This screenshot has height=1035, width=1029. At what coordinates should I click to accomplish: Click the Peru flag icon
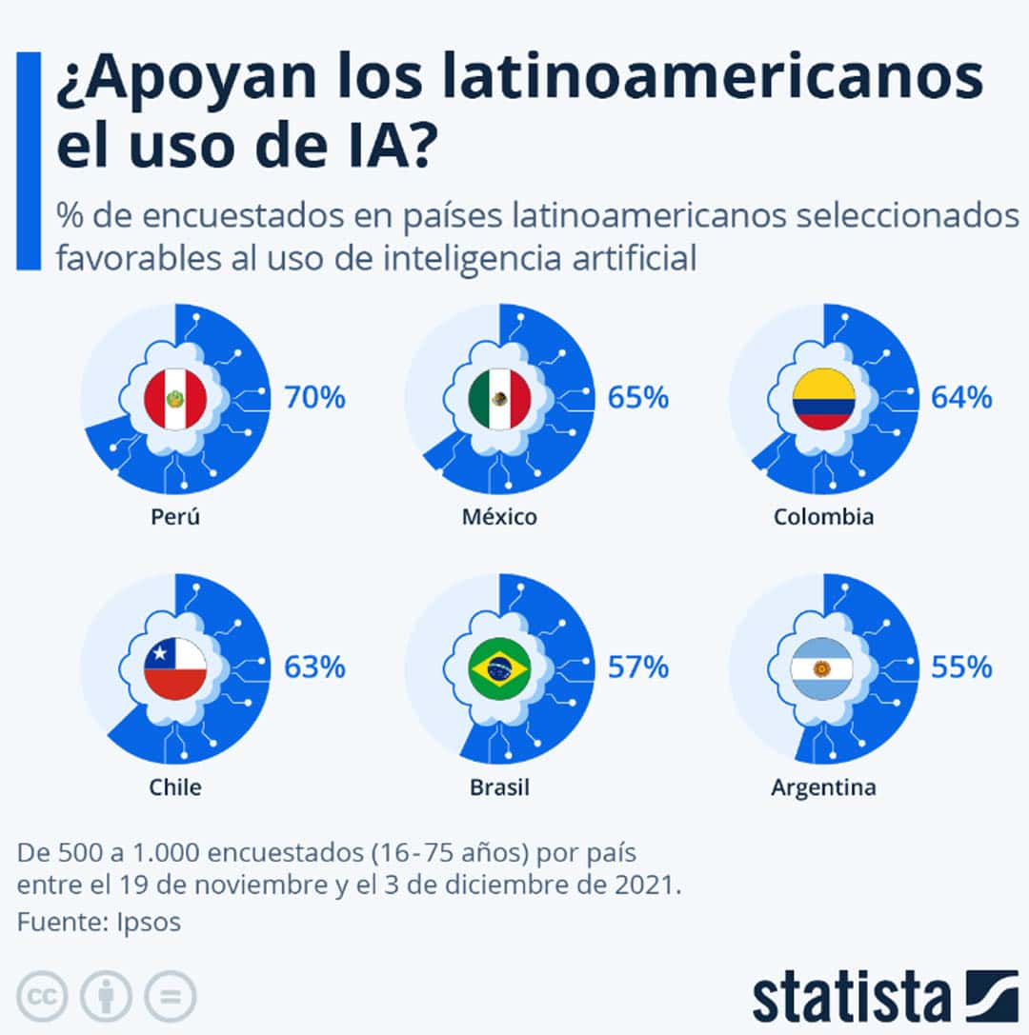pyautogui.click(x=175, y=399)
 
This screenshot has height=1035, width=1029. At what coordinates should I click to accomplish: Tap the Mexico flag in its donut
pyautogui.click(x=499, y=399)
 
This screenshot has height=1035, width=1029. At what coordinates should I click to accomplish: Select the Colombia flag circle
pyautogui.click(x=824, y=399)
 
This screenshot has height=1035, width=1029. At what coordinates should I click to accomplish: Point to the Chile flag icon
pyautogui.click(x=175, y=668)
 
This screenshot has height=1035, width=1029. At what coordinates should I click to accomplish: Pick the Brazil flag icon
pyautogui.click(x=499, y=668)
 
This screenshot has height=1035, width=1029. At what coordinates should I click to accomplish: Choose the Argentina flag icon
pyautogui.click(x=824, y=668)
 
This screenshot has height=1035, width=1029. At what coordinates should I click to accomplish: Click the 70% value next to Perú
pyautogui.click(x=314, y=397)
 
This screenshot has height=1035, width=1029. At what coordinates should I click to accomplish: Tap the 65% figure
pyautogui.click(x=638, y=397)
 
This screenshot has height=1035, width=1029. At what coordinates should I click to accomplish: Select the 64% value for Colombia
pyautogui.click(x=961, y=397)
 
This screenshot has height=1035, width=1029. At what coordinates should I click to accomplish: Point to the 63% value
pyautogui.click(x=314, y=667)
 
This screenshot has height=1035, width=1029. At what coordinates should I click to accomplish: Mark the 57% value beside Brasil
pyautogui.click(x=638, y=667)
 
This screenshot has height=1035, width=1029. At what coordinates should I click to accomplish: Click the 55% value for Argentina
pyautogui.click(x=961, y=667)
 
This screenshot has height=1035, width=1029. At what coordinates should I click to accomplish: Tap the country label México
pyautogui.click(x=499, y=517)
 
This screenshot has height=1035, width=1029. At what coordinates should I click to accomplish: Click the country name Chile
pyautogui.click(x=175, y=787)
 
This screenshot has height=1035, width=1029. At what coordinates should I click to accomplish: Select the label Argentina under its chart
pyautogui.click(x=824, y=787)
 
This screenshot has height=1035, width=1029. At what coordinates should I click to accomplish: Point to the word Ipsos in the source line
pyautogui.click(x=149, y=922)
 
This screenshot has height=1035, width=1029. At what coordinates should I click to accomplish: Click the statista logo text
pyautogui.click(x=852, y=996)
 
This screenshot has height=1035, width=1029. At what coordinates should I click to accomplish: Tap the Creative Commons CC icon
pyautogui.click(x=42, y=997)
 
